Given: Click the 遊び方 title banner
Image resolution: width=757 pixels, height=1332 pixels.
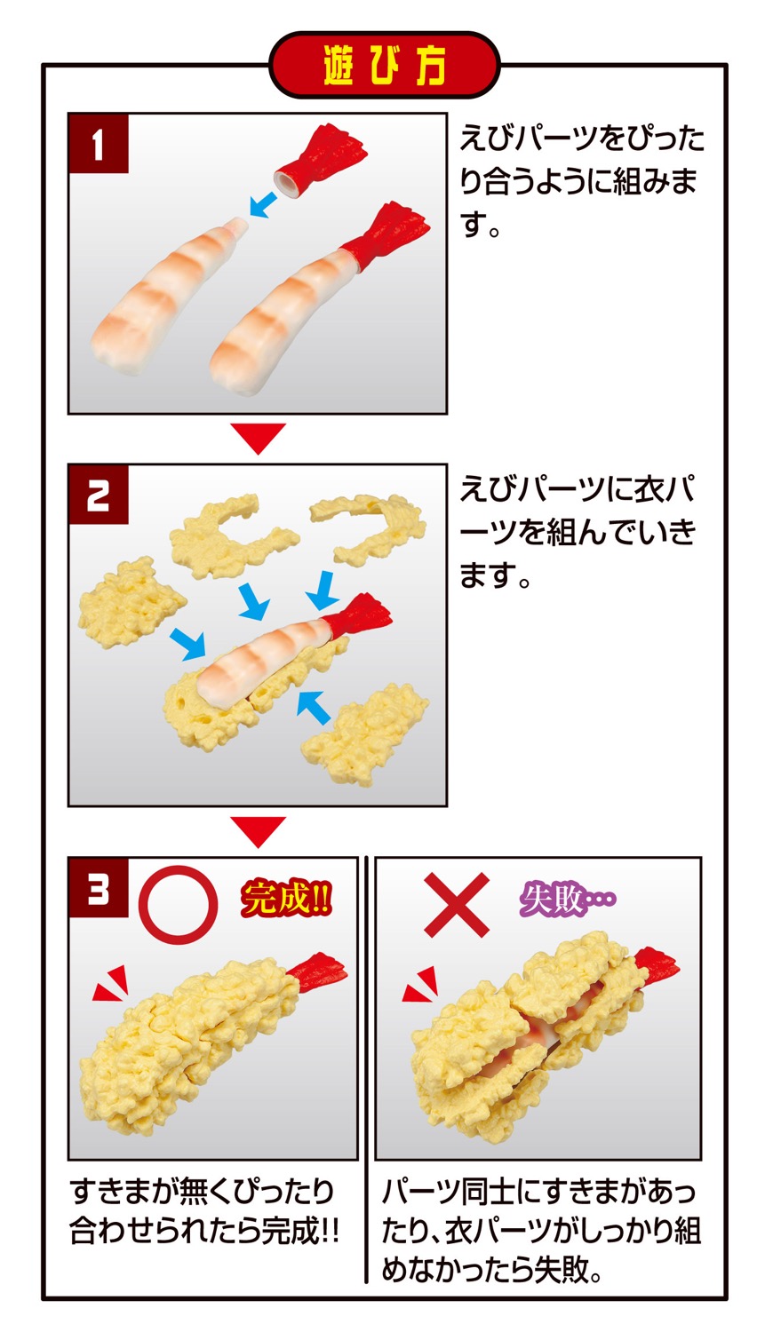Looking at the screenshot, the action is point(384,65).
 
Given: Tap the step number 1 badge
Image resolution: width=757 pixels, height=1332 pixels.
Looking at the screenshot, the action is point(99,144).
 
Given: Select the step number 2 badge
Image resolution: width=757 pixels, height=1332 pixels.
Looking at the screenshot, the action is point(99,494).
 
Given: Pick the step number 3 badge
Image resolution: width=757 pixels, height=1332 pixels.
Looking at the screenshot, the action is point(99,886).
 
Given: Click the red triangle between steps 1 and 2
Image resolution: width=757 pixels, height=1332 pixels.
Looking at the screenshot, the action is point(259,437).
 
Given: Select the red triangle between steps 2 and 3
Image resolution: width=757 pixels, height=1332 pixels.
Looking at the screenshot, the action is point(259,830).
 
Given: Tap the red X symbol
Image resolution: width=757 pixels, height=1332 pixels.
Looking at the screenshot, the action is point(457,904).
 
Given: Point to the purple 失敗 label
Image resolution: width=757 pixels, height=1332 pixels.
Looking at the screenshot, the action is point(567,899).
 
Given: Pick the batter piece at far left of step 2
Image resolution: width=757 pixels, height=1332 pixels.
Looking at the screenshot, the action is point(128,603).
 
